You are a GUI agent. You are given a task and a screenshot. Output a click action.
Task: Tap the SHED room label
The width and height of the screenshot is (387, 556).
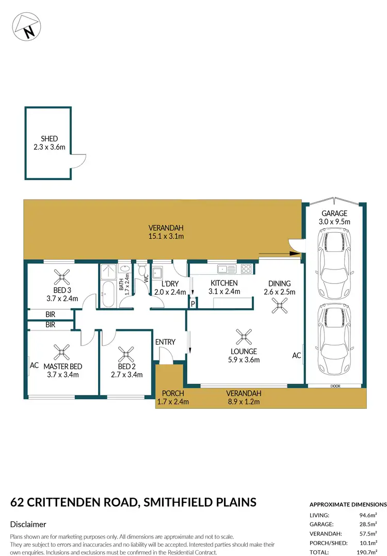point(49,139)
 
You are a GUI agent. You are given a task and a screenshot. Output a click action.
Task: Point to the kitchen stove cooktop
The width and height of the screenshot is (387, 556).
point(246,268)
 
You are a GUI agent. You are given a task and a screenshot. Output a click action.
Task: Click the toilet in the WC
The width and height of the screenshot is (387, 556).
point(142,269)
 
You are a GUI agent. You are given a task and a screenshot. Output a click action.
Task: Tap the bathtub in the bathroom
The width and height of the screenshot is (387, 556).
point(108,295)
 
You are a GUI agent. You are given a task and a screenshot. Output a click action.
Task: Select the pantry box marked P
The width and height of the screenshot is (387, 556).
point(192,304)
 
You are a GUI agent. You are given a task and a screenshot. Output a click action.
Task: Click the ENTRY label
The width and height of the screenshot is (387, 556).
point(165,342)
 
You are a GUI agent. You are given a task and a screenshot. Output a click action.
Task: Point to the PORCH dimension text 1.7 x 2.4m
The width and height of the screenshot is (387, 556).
point(173,402)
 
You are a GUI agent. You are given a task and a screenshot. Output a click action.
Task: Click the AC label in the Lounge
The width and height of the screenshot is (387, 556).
point(296,355)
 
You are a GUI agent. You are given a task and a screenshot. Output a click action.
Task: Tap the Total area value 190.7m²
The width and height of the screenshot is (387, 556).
point(376,552)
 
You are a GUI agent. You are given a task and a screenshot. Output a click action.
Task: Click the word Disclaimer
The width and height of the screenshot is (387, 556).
point(28,524)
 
